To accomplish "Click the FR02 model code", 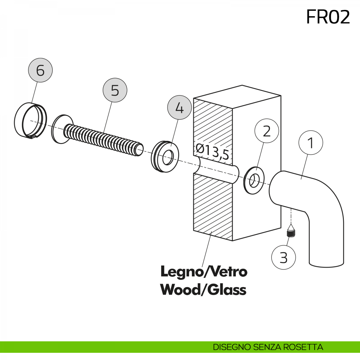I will (x=328, y=17).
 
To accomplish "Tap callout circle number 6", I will (x=40, y=70).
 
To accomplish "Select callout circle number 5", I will (x=115, y=90).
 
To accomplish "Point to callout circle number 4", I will (x=179, y=108).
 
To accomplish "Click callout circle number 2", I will (x=267, y=131).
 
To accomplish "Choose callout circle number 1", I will (x=311, y=143).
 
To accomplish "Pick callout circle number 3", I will (x=283, y=257).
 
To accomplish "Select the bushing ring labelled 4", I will (x=165, y=156).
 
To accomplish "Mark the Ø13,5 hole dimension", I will (x=212, y=151).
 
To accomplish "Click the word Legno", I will (x=181, y=272).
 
